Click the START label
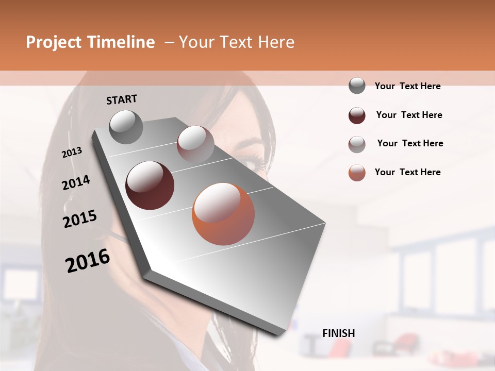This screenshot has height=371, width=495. point(122,99)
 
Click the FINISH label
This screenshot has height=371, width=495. point(339,333)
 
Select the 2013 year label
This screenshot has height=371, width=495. point(72,153)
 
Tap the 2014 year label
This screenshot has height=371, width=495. point(76,182)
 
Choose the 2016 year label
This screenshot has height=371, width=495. point(88,261)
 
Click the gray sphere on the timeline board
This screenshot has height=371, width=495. point(126,127)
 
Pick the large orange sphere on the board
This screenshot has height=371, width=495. point(223,214)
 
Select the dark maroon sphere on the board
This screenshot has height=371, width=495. point(150,185)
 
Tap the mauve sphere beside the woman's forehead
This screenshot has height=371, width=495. point(195,144)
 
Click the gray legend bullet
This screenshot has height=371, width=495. point(357,86)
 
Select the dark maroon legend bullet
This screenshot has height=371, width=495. point(357,115)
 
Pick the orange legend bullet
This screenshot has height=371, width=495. point(357,173)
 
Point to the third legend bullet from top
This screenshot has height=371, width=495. point(357,144)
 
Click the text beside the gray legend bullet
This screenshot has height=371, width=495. point(407,86)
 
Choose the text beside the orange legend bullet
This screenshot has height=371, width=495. point(407,172)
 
